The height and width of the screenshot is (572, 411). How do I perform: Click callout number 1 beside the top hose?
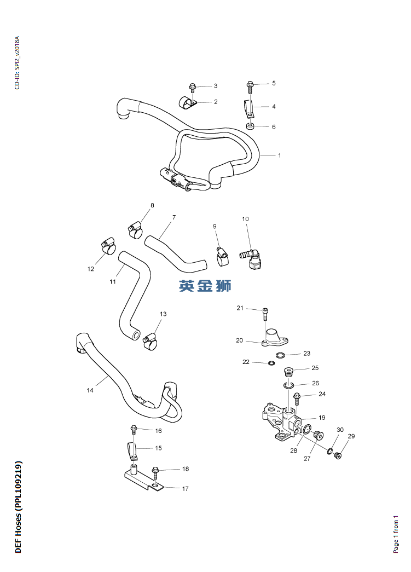[279, 155]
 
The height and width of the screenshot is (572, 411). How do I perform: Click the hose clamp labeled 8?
[135, 229]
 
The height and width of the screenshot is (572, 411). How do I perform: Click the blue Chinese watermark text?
[205, 285]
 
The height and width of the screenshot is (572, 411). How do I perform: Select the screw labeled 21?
[265, 314]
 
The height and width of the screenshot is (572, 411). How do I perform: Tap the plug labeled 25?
[289, 373]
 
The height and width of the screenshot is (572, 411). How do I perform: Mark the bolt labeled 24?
[297, 397]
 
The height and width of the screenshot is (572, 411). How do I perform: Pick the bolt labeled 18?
[155, 471]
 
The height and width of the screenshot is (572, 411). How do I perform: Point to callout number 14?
[90, 390]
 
